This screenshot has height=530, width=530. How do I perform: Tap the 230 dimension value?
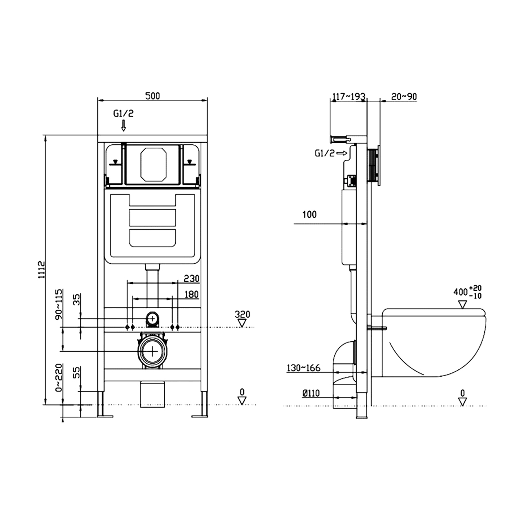tap(191, 278)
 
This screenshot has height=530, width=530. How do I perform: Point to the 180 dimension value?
tap(191, 294)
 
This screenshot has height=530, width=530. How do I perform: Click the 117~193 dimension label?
tap(349, 97)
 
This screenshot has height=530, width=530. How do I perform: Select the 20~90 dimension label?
tap(404, 97)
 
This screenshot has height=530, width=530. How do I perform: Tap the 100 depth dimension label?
tap(309, 214)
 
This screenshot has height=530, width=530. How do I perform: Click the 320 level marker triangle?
tap(242, 323)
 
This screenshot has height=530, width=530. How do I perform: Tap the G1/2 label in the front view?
tap(123, 113)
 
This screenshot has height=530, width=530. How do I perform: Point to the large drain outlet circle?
tap(152, 351)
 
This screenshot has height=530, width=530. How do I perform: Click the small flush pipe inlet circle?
tap(152, 319)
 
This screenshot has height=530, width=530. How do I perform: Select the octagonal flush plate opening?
tap(152, 165)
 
